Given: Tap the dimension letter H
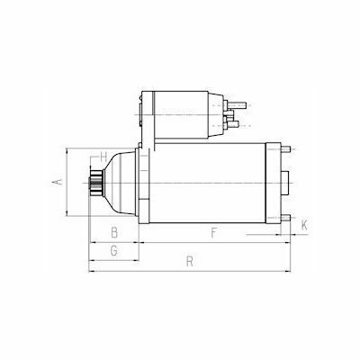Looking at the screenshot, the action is point(103,156).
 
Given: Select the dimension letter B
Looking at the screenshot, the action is point(114,232).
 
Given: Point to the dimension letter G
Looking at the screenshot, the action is point(113,251).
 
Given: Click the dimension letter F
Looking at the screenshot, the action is point(213,232).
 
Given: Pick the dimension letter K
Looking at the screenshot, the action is point(304,225).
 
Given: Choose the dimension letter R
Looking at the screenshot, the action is point(189,261).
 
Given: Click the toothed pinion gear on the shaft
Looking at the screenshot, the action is point(96,183).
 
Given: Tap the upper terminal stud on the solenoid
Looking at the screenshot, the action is point(237,105).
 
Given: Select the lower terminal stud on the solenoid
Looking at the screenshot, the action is point(233,123).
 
